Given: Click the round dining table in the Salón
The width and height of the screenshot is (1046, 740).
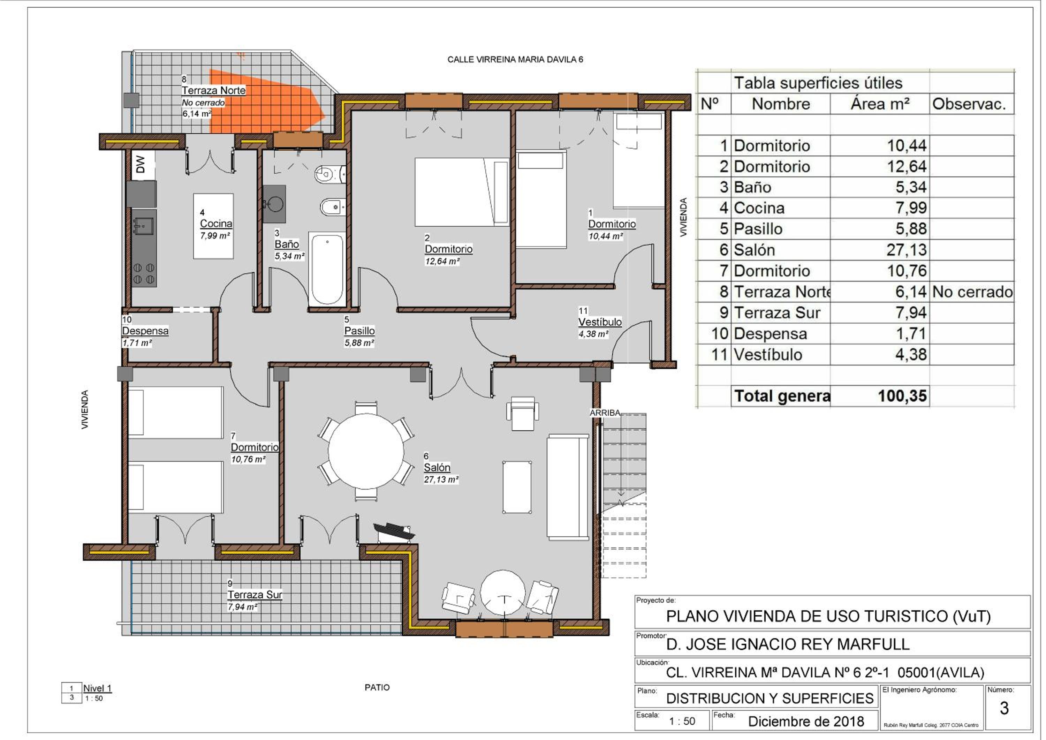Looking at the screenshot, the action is [366, 451].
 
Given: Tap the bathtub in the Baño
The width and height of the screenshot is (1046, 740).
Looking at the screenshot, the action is [327, 269].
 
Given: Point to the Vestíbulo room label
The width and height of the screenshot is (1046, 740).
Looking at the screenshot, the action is [600, 322].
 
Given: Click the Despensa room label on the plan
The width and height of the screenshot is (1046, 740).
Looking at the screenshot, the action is [145, 331].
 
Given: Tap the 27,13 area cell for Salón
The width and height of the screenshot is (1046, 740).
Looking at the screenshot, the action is [906, 250].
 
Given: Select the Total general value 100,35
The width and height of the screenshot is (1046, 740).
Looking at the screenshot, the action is [902, 395].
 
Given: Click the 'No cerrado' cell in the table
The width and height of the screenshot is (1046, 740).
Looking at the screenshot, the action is [972, 292].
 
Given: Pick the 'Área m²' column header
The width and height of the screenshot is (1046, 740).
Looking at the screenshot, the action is [880, 104].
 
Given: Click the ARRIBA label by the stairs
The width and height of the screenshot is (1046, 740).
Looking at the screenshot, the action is [605, 413].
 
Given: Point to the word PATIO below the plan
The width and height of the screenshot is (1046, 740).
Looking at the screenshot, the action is [377, 687].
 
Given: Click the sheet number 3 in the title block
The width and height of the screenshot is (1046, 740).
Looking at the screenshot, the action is [1004, 708].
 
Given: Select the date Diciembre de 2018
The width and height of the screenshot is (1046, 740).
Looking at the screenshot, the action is [806, 721].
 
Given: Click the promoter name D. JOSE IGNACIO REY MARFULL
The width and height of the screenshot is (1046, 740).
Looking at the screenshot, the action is [788, 644].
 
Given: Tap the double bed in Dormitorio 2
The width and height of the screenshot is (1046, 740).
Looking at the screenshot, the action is [462, 192].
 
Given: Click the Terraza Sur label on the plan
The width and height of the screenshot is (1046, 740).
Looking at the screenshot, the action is [255, 595].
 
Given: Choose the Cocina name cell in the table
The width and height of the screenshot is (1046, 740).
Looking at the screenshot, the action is [759, 208].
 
